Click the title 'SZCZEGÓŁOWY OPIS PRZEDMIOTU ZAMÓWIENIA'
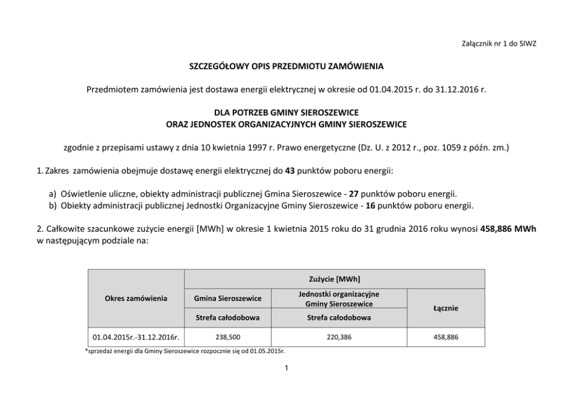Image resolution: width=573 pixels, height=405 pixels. (286, 67)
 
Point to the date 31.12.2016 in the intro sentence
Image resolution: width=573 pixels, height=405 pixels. (444, 89)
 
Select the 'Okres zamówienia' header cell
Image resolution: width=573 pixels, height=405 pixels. (136, 298)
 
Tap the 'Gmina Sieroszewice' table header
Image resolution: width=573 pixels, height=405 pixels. (228, 298)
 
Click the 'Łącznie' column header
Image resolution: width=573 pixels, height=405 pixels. (446, 309)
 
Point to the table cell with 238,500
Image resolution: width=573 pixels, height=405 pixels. (228, 337)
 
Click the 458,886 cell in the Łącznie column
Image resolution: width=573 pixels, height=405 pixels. (446, 337)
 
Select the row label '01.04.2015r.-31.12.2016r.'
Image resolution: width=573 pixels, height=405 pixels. (136, 337)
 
